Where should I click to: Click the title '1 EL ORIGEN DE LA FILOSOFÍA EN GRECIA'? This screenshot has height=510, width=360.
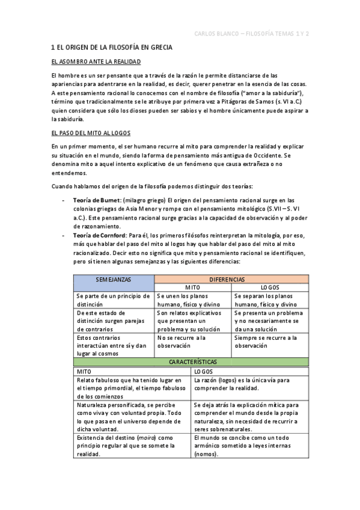(x=112, y=47)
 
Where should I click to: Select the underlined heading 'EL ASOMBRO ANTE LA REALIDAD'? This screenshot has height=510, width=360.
(x=96, y=61)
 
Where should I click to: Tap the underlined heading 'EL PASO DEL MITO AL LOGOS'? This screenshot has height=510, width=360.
(x=90, y=133)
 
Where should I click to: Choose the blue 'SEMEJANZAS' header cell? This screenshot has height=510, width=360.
(x=114, y=280)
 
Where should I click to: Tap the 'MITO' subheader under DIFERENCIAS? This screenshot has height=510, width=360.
(x=192, y=288)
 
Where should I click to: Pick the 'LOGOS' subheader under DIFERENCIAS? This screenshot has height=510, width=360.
(x=270, y=288)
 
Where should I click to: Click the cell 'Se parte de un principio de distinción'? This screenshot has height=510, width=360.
(x=114, y=300)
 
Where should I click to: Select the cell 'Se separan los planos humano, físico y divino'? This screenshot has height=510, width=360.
(x=270, y=300)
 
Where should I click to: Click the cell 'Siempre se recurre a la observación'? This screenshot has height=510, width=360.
(x=270, y=342)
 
